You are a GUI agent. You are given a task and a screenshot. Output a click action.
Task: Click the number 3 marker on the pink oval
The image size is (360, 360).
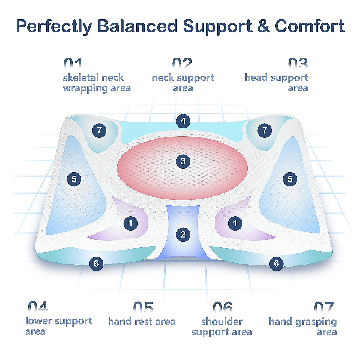click(183, 162)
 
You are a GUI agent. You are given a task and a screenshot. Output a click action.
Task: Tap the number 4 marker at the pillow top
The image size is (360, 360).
click(183, 121)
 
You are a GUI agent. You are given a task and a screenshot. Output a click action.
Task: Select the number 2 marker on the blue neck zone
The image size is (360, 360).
click(183, 234)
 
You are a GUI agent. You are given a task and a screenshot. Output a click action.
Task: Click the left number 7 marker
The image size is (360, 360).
click(99, 130)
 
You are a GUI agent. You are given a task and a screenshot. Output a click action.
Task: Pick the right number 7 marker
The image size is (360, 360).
click(265, 130)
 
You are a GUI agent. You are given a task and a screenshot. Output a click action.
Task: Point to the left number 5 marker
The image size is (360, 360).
click(74, 179)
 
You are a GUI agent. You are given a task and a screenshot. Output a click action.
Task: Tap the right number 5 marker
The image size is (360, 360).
click(290, 179)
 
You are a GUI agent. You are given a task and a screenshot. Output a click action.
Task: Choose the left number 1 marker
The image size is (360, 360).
click(131, 223)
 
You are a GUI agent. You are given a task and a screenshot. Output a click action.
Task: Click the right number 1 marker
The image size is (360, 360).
click(235, 223)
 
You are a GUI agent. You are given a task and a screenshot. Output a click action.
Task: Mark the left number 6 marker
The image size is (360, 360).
click(96, 263)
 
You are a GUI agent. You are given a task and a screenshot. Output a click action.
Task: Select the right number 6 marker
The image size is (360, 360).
click(276, 263)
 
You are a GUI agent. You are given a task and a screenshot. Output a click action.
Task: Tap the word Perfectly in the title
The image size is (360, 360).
click(54, 26)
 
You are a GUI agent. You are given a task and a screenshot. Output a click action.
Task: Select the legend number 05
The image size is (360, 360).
click(143, 307)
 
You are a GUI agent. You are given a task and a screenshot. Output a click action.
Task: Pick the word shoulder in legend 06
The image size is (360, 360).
click(222, 322)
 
